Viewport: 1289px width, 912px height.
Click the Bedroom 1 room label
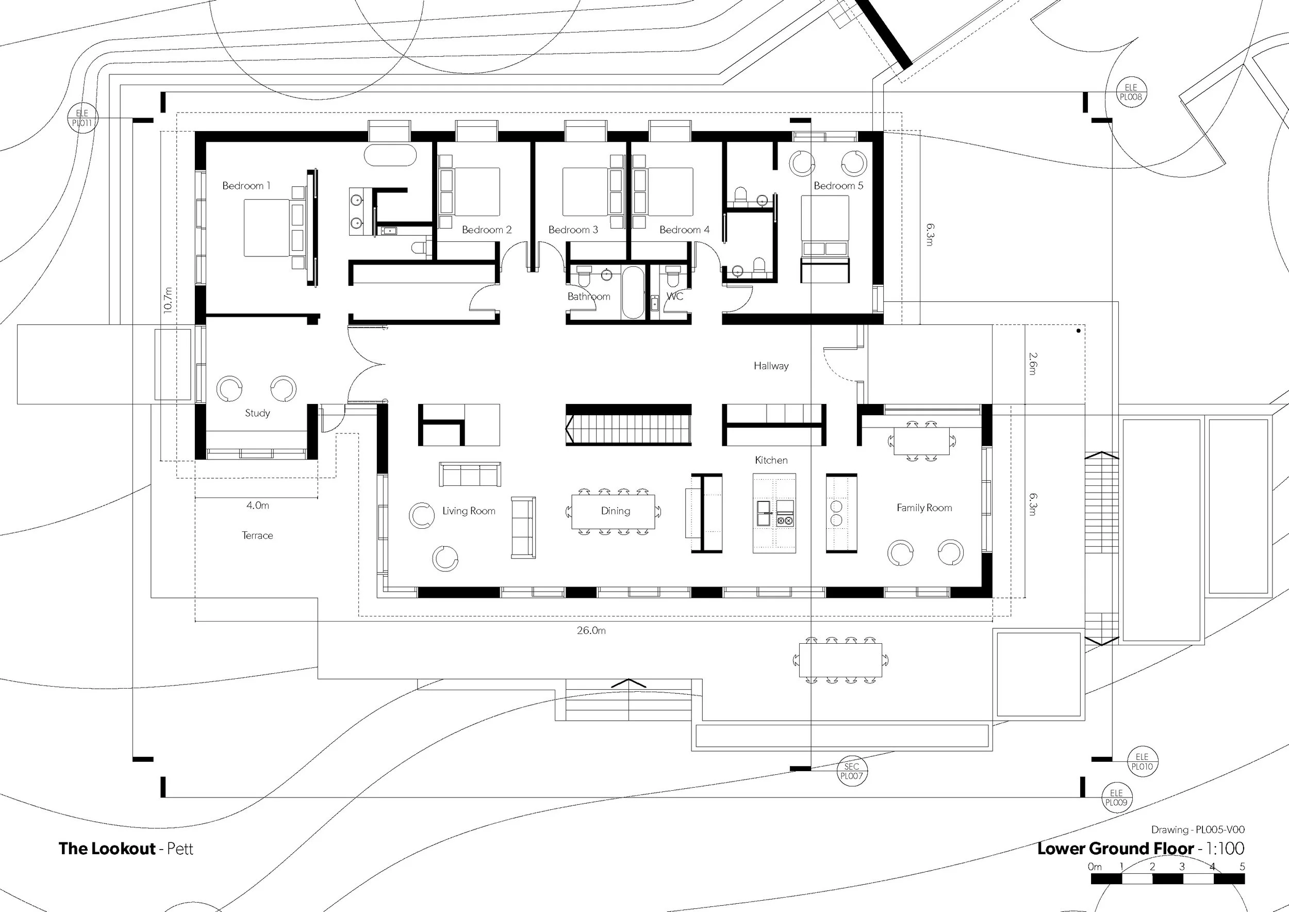click(246, 186)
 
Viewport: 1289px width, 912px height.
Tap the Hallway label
click(771, 366)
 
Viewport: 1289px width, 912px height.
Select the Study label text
click(257, 413)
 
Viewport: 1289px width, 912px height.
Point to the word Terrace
click(257, 536)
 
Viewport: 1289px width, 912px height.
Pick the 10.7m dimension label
click(167, 300)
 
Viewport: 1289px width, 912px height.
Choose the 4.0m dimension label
click(257, 506)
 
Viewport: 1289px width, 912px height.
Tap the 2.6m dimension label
click(1033, 363)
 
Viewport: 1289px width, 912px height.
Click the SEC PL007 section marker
click(852, 771)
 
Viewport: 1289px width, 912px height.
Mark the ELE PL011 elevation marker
click(82, 118)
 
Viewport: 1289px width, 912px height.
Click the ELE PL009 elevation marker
click(1116, 797)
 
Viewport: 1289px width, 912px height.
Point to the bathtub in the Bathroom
click(633, 292)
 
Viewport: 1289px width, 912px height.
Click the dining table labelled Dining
click(613, 511)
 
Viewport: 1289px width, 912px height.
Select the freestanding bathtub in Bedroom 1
click(390, 155)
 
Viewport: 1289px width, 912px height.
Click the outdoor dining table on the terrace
click(840, 660)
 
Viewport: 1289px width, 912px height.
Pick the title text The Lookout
click(107, 848)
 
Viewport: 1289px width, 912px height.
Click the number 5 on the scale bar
click(1242, 867)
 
